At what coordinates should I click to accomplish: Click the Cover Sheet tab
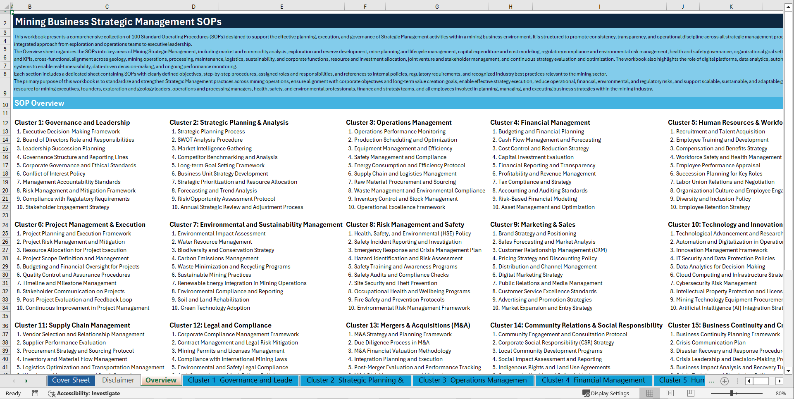tap(71, 380)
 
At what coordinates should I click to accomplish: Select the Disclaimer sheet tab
tap(118, 380)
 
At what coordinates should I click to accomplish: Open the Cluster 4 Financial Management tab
tap(593, 380)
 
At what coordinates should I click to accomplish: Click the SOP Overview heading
tap(39, 103)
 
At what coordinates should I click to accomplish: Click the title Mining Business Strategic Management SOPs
tap(118, 22)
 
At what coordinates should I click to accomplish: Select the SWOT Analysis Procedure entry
tap(210, 140)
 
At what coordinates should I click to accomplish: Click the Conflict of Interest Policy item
tap(54, 174)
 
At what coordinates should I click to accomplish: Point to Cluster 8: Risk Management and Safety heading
tap(405, 225)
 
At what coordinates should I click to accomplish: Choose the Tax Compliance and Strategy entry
tap(534, 182)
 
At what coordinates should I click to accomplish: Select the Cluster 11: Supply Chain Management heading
tap(72, 325)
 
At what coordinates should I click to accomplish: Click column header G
tap(437, 7)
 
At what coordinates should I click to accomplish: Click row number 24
tap(5, 225)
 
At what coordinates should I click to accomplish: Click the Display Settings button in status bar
tap(606, 393)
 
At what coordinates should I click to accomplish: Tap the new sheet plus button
tap(724, 381)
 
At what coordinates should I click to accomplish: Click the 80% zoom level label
tap(780, 393)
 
